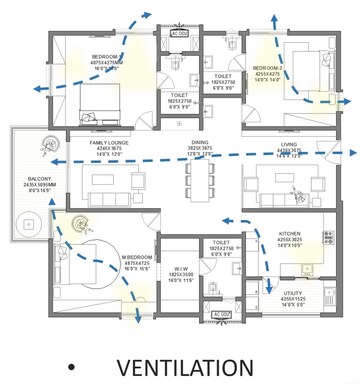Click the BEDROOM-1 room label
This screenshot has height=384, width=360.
click(x=106, y=57)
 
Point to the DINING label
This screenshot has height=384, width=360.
click(x=200, y=143)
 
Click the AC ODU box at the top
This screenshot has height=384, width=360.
click(x=179, y=33)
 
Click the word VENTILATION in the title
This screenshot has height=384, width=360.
click(x=184, y=366)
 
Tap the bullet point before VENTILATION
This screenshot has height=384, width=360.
click(x=71, y=367)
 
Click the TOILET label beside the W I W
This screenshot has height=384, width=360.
click(x=222, y=243)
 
